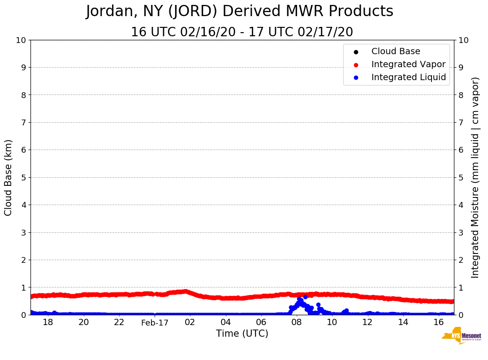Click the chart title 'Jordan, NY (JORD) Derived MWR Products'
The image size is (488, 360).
coord(239,11)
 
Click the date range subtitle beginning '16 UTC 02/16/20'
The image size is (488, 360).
coord(242,32)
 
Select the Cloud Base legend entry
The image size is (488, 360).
coord(396,51)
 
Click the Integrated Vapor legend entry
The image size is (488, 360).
coord(408,64)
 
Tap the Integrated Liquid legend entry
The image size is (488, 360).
coord(409,77)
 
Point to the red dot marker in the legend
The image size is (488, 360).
coord(356,64)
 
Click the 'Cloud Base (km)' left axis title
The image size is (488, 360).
coord(9,177)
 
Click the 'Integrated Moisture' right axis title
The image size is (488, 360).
coord(475,177)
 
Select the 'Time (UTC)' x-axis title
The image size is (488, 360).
coord(242,334)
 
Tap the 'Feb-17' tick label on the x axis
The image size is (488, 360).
coord(155,322)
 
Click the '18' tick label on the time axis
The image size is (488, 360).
coord(48,322)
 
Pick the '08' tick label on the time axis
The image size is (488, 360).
coord(297,322)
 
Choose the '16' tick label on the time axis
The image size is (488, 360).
coord(439,322)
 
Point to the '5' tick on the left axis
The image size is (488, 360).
coord(23,177)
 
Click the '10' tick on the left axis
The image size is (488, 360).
coord(21,40)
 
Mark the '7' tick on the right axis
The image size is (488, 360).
coord(461,122)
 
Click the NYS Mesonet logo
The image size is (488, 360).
coord(461,336)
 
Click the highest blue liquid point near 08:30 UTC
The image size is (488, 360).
coord(305,297)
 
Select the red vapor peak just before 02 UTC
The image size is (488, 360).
coord(185,291)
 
